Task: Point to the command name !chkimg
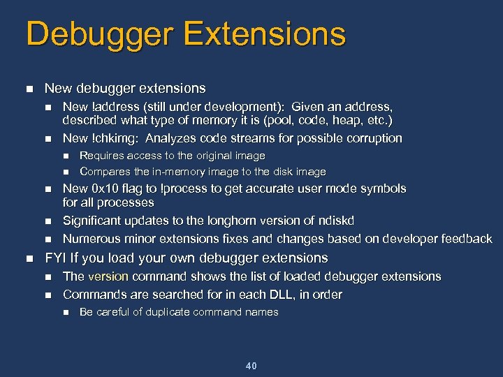point(115,138)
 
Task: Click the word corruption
point(371,138)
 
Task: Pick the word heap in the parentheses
point(326,121)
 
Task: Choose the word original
point(214,156)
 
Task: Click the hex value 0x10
point(104,188)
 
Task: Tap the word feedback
point(465,239)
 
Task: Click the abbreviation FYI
point(54,258)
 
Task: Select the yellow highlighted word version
point(108,276)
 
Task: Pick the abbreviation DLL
point(275,295)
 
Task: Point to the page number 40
point(251,366)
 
